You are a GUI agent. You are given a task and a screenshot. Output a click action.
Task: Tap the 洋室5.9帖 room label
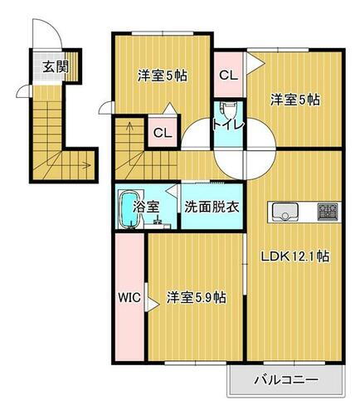197,296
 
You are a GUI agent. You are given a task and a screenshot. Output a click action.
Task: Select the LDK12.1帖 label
296,256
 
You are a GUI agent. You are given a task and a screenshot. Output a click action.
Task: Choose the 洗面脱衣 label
212,207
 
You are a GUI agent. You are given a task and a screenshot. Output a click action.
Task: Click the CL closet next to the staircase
162,132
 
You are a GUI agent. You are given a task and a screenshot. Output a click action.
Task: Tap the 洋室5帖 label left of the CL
162,76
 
